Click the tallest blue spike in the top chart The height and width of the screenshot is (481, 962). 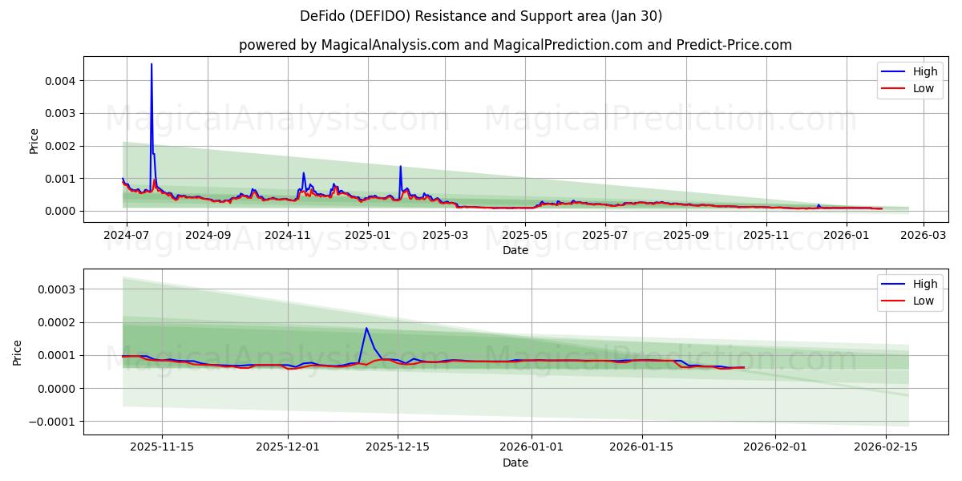[152, 65]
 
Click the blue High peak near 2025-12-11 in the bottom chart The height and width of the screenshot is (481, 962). [366, 328]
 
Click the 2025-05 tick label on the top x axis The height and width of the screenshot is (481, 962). [526, 236]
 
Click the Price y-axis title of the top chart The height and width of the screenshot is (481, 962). [34, 140]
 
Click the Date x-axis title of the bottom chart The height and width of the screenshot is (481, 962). [515, 463]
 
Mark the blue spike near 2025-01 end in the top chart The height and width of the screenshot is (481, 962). [401, 167]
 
